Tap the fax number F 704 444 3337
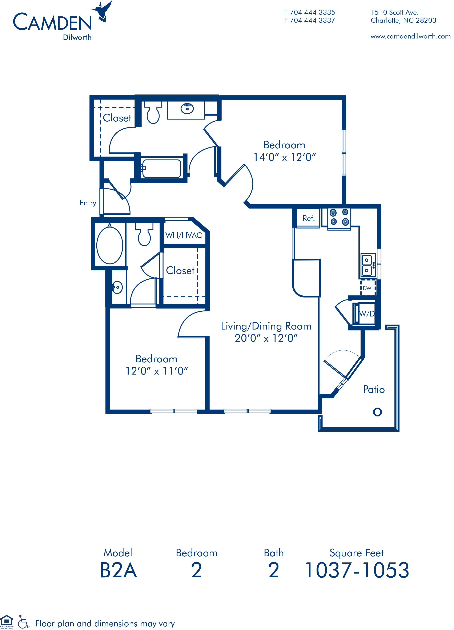tap(310, 20)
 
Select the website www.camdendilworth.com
tap(410, 36)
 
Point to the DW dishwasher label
tap(367, 288)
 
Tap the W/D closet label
tap(367, 314)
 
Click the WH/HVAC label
tap(184, 235)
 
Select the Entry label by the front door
tap(88, 203)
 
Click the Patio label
tap(374, 389)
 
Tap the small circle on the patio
tap(377, 412)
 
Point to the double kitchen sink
tap(367, 265)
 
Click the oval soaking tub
tap(110, 246)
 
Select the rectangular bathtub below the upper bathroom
tap(161, 169)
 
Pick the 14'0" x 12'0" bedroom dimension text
tap(285, 157)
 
